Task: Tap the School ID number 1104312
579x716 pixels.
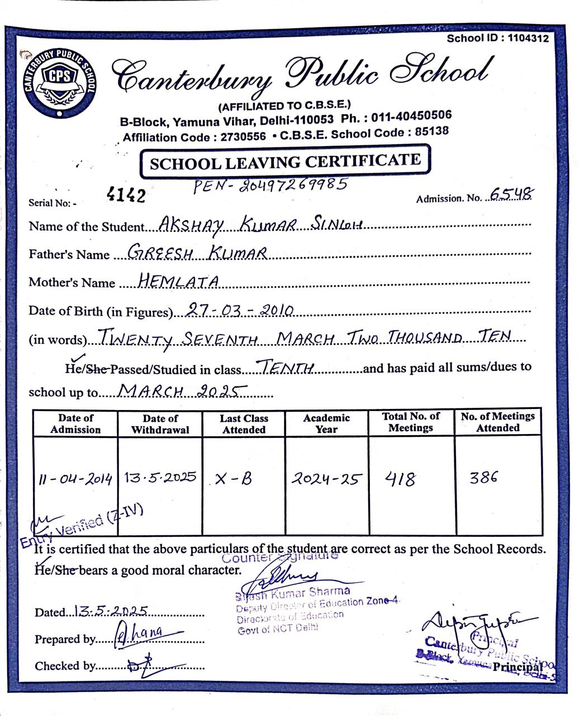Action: [x=528, y=38]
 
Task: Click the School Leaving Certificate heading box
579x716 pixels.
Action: [x=285, y=162]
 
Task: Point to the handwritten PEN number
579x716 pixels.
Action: [x=270, y=185]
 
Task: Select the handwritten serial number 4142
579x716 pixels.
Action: [x=126, y=195]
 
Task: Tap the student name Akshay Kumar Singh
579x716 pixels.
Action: [x=261, y=225]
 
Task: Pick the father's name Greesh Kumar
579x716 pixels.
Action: [x=197, y=253]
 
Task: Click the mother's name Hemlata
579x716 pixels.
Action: [x=178, y=281]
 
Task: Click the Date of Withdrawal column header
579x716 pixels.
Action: [x=160, y=424]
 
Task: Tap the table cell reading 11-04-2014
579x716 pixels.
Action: [x=75, y=479]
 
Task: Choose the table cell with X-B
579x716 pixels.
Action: [x=234, y=479]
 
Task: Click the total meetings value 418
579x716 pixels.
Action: [x=400, y=479]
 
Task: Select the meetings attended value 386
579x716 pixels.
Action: [x=484, y=478]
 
